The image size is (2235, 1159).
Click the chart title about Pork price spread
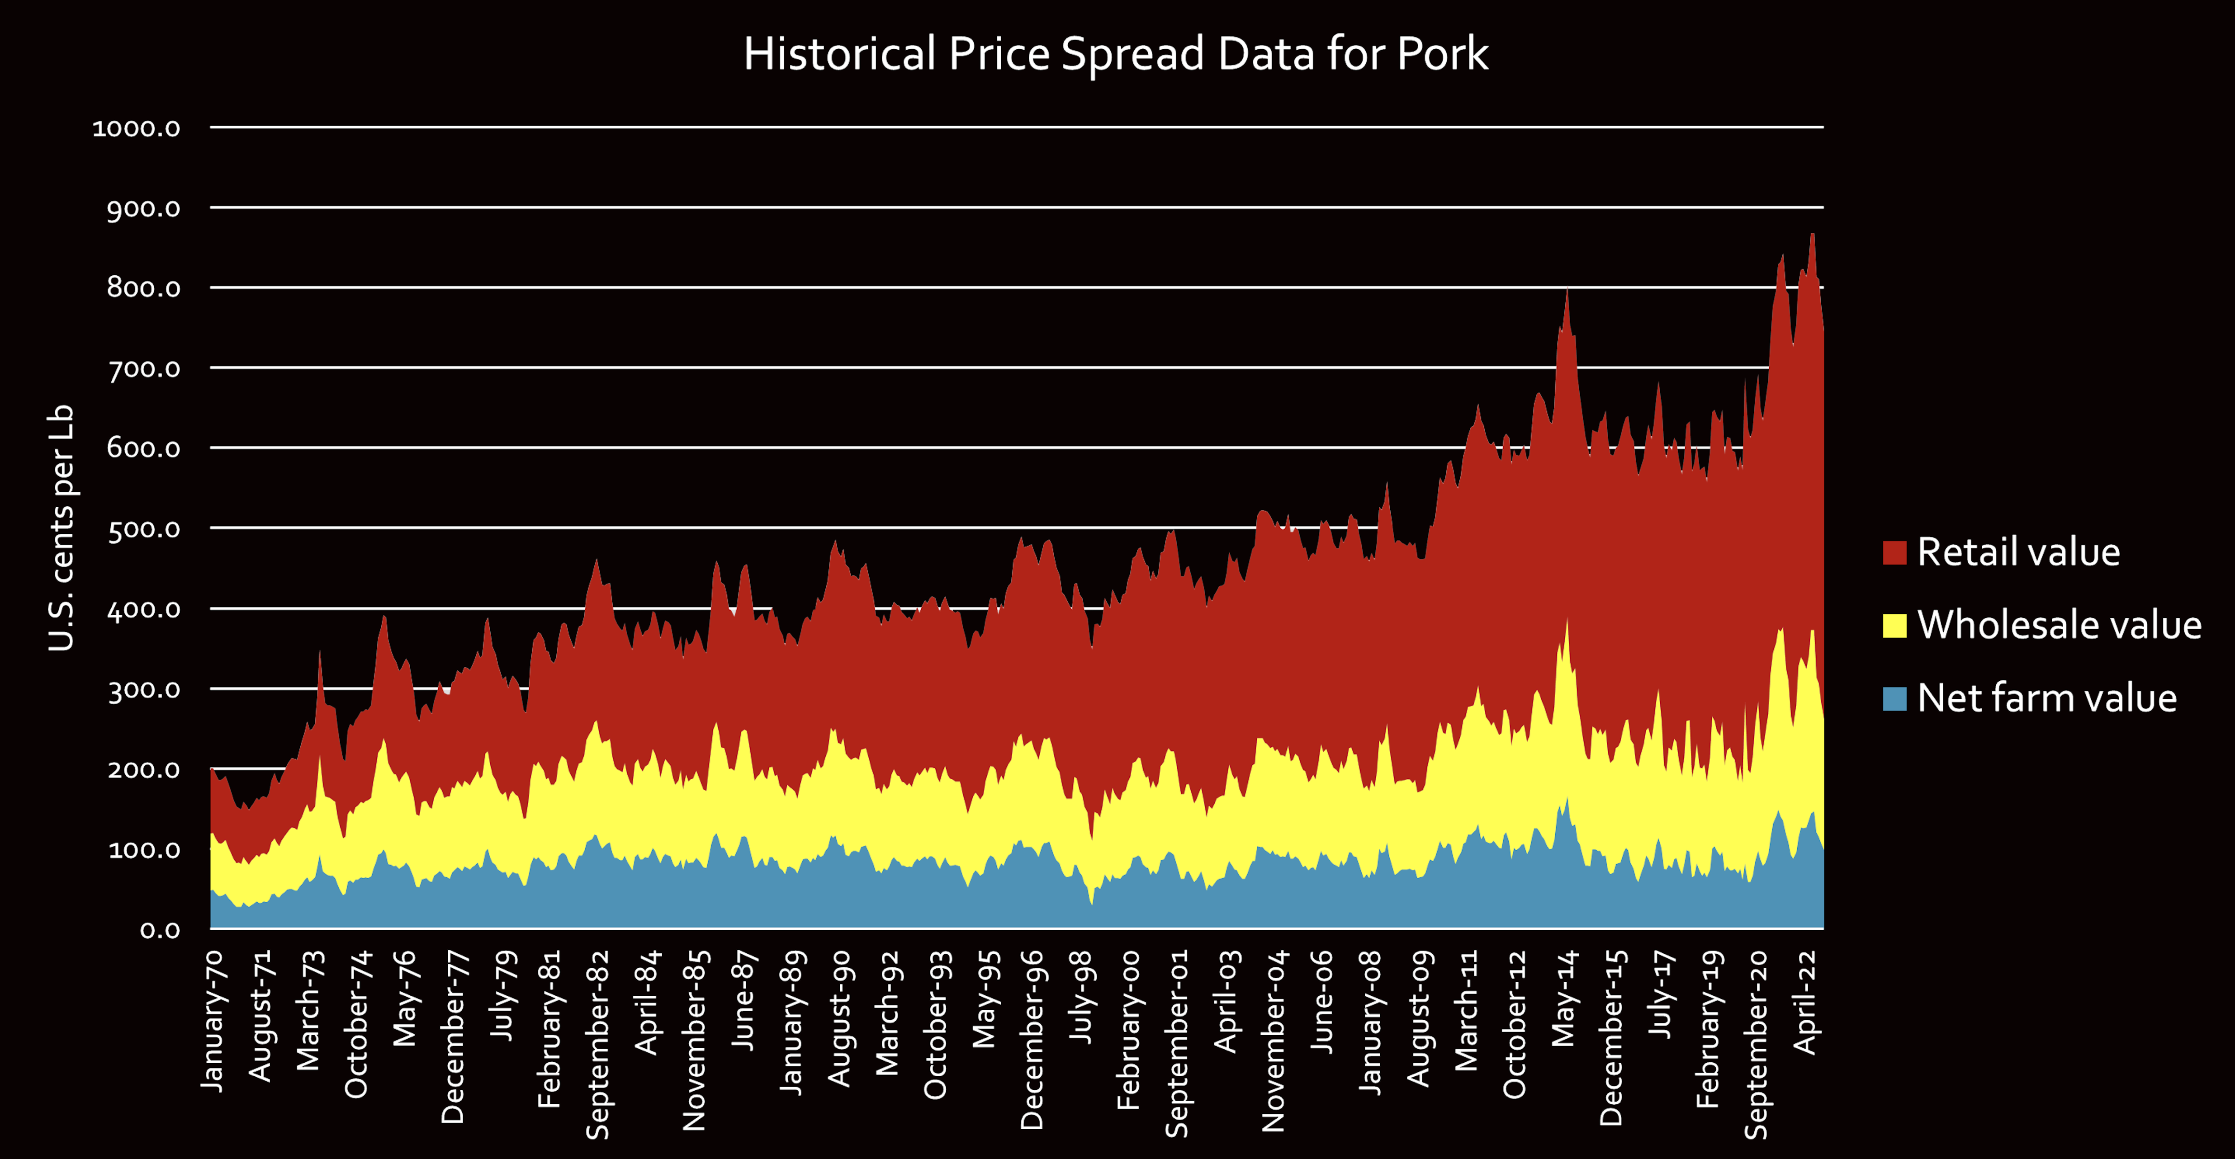(1116, 54)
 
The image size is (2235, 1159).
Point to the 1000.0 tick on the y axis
(136, 128)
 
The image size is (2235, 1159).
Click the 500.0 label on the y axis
(143, 529)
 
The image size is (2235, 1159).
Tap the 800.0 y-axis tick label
(143, 288)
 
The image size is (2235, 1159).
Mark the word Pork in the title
(1442, 54)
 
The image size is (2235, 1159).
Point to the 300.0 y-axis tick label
(143, 690)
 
